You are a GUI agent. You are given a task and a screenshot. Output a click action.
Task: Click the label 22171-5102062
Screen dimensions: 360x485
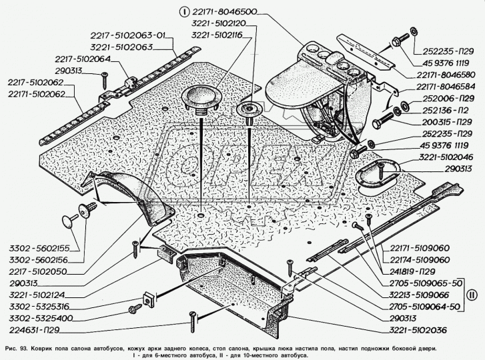coord(37,94)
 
